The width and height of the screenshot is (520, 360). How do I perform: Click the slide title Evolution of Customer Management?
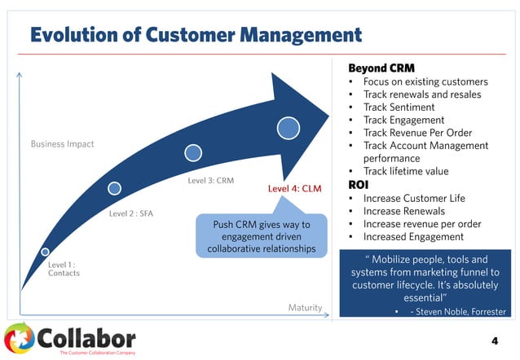point(196,34)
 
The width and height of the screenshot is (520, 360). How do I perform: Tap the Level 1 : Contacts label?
point(64,269)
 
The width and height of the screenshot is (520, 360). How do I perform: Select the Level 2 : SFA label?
point(131,214)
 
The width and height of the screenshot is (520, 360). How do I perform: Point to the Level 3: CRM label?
point(211,179)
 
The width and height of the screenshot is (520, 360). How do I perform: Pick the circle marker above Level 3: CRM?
point(193,152)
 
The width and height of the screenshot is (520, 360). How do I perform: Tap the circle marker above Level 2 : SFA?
point(115,188)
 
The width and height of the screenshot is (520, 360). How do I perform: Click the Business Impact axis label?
point(63,144)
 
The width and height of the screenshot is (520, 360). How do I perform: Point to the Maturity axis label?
point(305,307)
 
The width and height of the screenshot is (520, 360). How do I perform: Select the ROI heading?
point(359,184)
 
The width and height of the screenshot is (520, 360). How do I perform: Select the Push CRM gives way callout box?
point(257,236)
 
